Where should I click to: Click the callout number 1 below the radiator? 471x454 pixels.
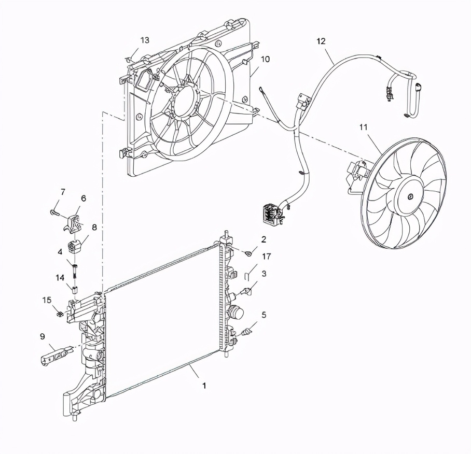204,386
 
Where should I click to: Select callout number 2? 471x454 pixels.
264,240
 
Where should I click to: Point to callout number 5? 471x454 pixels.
264,315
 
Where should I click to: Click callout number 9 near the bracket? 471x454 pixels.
42,336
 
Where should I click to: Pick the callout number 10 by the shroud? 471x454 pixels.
265,60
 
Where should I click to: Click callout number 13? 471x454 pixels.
145,40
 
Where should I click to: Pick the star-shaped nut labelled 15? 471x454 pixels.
61,314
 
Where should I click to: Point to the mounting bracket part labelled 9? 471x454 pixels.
54,357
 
